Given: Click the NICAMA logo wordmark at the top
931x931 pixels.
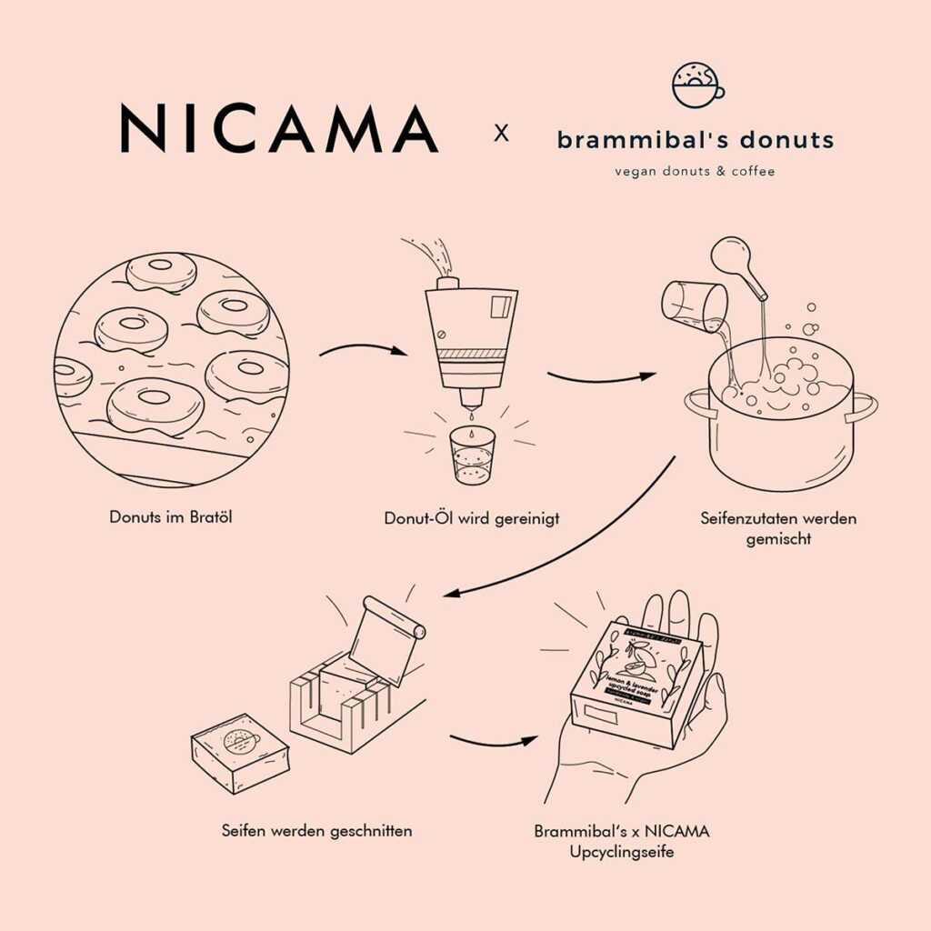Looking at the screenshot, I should [x=279, y=128].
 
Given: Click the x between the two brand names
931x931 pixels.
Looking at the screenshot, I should [x=501, y=135].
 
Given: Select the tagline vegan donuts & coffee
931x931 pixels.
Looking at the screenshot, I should [x=696, y=171].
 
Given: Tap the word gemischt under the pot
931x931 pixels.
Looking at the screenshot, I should [x=778, y=538].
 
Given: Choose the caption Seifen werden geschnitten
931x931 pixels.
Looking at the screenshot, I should [x=316, y=830].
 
